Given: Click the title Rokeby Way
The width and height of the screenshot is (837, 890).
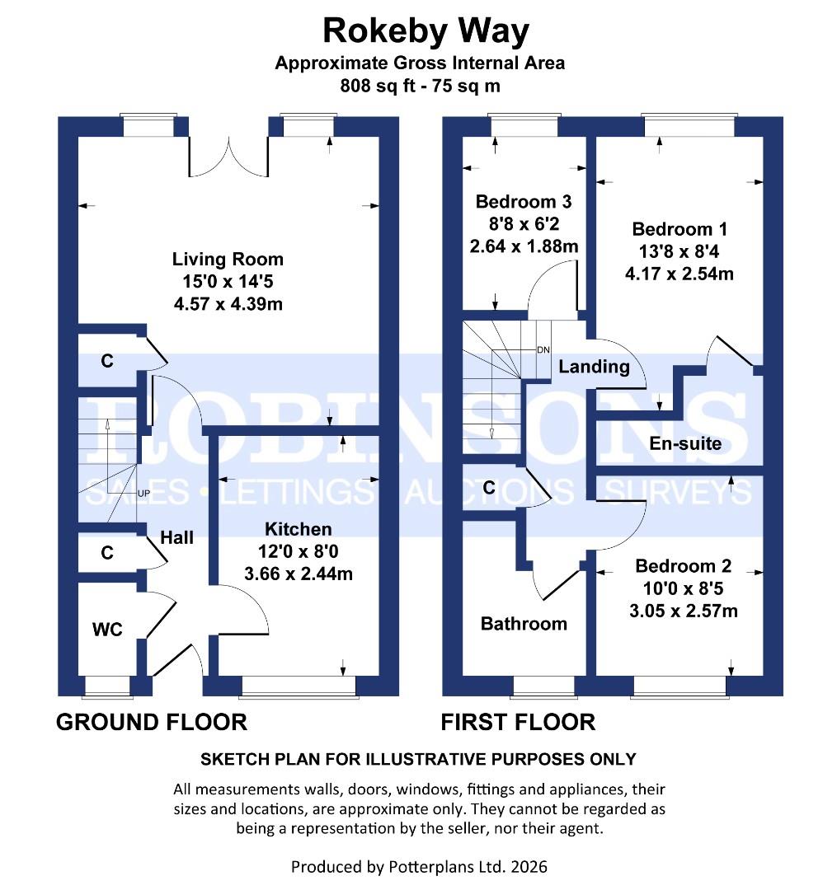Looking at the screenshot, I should point(425,30).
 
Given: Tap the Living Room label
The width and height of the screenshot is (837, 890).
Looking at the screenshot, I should point(228,260).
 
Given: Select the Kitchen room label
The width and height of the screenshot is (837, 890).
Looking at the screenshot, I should point(298,529).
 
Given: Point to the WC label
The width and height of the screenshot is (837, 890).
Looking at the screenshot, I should point(107,630).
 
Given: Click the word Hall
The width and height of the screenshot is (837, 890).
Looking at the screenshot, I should point(176,537).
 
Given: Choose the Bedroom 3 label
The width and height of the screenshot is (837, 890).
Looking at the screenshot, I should point(524,202).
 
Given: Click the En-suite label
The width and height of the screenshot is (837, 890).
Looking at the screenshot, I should point(684,444).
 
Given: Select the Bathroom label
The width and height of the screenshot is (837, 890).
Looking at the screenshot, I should point(524,624).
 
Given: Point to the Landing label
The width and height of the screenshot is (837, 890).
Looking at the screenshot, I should point(594,367).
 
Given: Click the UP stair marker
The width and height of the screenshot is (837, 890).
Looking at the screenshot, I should point(143,493).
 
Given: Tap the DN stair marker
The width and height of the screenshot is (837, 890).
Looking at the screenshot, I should point(543,349).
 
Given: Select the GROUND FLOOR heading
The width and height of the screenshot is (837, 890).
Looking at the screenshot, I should point(151,723).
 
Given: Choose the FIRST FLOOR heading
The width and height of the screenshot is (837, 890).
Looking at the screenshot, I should point(518,723).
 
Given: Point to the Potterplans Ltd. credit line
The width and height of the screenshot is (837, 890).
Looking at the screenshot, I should point(419,866).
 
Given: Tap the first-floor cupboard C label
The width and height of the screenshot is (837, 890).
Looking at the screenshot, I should point(488,488).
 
